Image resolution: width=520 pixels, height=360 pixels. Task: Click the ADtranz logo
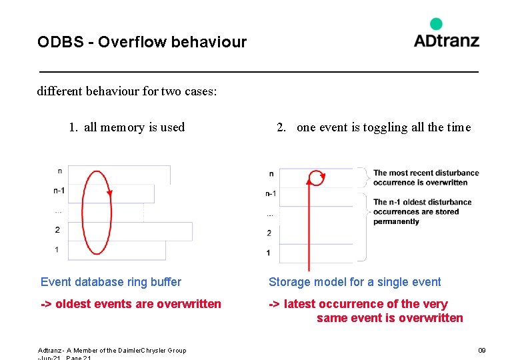[x=446, y=40]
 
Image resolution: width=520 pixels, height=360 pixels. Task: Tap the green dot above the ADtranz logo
[x=436, y=24]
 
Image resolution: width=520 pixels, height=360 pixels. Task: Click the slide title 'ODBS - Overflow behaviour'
[x=142, y=43]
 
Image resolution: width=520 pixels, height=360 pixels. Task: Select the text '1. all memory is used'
[x=127, y=127]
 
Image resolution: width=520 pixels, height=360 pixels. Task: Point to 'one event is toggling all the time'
[x=383, y=127]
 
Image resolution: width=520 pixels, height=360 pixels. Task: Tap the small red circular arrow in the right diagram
[x=316, y=177]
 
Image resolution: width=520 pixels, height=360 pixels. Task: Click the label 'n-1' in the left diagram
[x=59, y=191]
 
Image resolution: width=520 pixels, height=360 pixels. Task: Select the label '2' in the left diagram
[x=57, y=230]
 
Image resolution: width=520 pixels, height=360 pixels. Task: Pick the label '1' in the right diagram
[x=269, y=253]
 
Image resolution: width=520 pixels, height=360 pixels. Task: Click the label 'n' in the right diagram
[x=271, y=174]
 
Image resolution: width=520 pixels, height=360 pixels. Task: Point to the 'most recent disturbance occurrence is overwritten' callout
[x=425, y=177]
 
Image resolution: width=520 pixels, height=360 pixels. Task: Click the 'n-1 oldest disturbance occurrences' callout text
[x=422, y=211]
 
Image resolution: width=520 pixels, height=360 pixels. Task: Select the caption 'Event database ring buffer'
[x=111, y=282]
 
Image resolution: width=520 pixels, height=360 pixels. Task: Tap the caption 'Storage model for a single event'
[x=355, y=282]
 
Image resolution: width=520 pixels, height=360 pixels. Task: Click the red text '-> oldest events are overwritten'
[x=131, y=304]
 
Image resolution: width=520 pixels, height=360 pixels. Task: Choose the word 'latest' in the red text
[x=299, y=304]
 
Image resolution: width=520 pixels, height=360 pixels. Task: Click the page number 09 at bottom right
[x=482, y=350]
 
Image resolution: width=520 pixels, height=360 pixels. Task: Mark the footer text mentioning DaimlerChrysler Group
[x=112, y=350]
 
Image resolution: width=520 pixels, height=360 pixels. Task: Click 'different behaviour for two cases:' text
[x=127, y=91]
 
